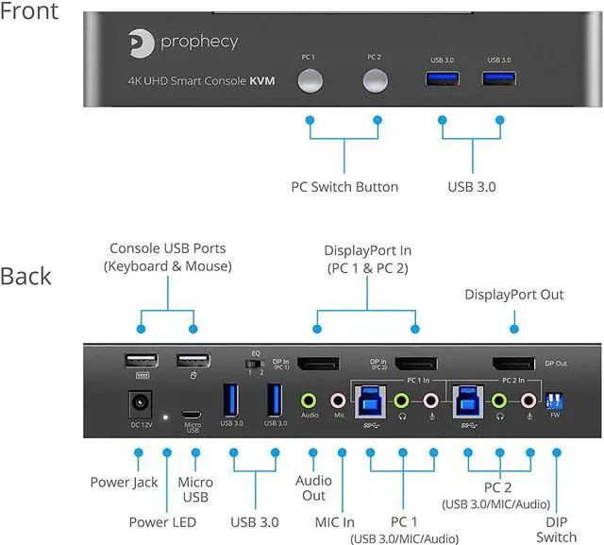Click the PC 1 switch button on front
click(x=310, y=81)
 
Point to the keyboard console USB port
click(x=140, y=361)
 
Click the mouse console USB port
click(x=193, y=361)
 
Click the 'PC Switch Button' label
click(x=344, y=186)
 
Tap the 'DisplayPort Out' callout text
click(x=513, y=295)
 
